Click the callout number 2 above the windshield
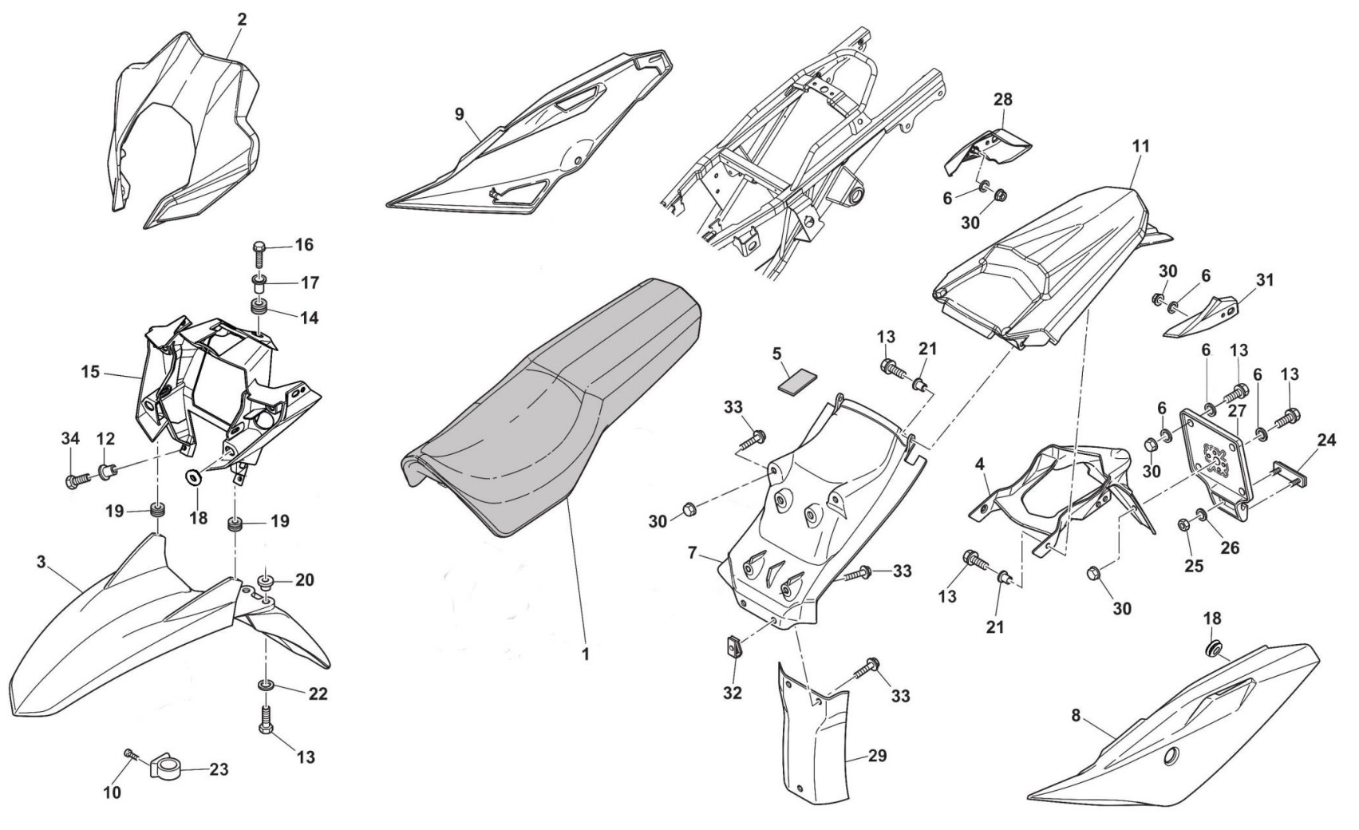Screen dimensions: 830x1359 pyautogui.click(x=241, y=19)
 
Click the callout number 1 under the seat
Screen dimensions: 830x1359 pyautogui.click(x=585, y=654)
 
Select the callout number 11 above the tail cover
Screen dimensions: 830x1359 pyautogui.click(x=1140, y=147)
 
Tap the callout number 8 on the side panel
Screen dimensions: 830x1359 pyautogui.click(x=1076, y=715)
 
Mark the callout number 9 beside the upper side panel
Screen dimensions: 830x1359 pyautogui.click(x=459, y=114)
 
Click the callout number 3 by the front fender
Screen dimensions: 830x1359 pyautogui.click(x=41, y=562)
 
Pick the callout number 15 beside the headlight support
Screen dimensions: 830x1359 pyautogui.click(x=89, y=371)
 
